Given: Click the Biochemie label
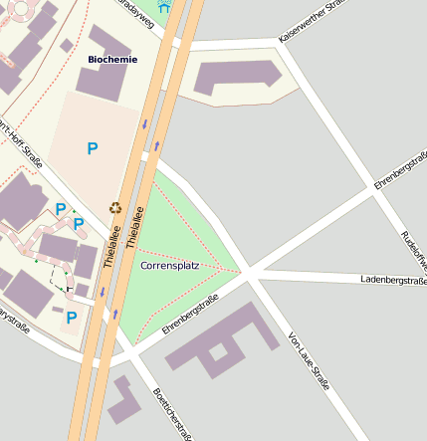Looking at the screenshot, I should (x=112, y=59).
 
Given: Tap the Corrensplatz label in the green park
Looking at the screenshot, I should (x=170, y=267).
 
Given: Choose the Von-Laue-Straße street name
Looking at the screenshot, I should (x=308, y=360).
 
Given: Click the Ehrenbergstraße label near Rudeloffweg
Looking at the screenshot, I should (x=400, y=171).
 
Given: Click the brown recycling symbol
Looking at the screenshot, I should (x=114, y=208).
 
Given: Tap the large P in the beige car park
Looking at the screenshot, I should (x=92, y=149).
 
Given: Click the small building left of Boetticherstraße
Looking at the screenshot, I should (x=125, y=401).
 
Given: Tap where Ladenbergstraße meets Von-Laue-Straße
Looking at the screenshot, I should (x=251, y=272).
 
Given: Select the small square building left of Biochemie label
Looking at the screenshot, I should (x=67, y=45).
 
